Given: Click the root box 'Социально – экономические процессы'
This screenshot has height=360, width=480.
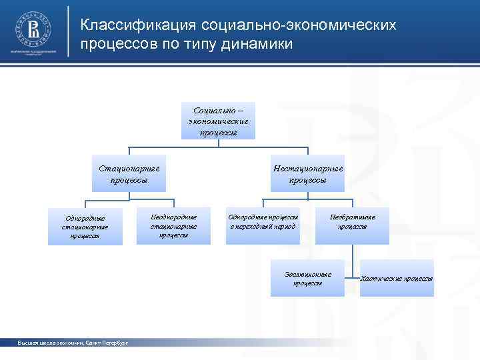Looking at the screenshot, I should click(x=218, y=121).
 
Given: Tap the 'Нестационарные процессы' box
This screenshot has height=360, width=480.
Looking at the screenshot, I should click(x=307, y=173).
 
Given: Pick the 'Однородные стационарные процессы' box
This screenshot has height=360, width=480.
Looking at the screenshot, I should click(x=85, y=226).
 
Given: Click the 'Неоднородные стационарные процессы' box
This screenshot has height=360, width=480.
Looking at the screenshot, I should click(x=173, y=225).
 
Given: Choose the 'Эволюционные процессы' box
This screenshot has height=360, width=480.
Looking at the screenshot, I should click(x=307, y=278).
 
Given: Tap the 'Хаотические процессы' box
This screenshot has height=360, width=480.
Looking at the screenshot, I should click(x=397, y=278).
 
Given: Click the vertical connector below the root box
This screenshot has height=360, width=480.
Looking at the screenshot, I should click(x=218, y=143).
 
